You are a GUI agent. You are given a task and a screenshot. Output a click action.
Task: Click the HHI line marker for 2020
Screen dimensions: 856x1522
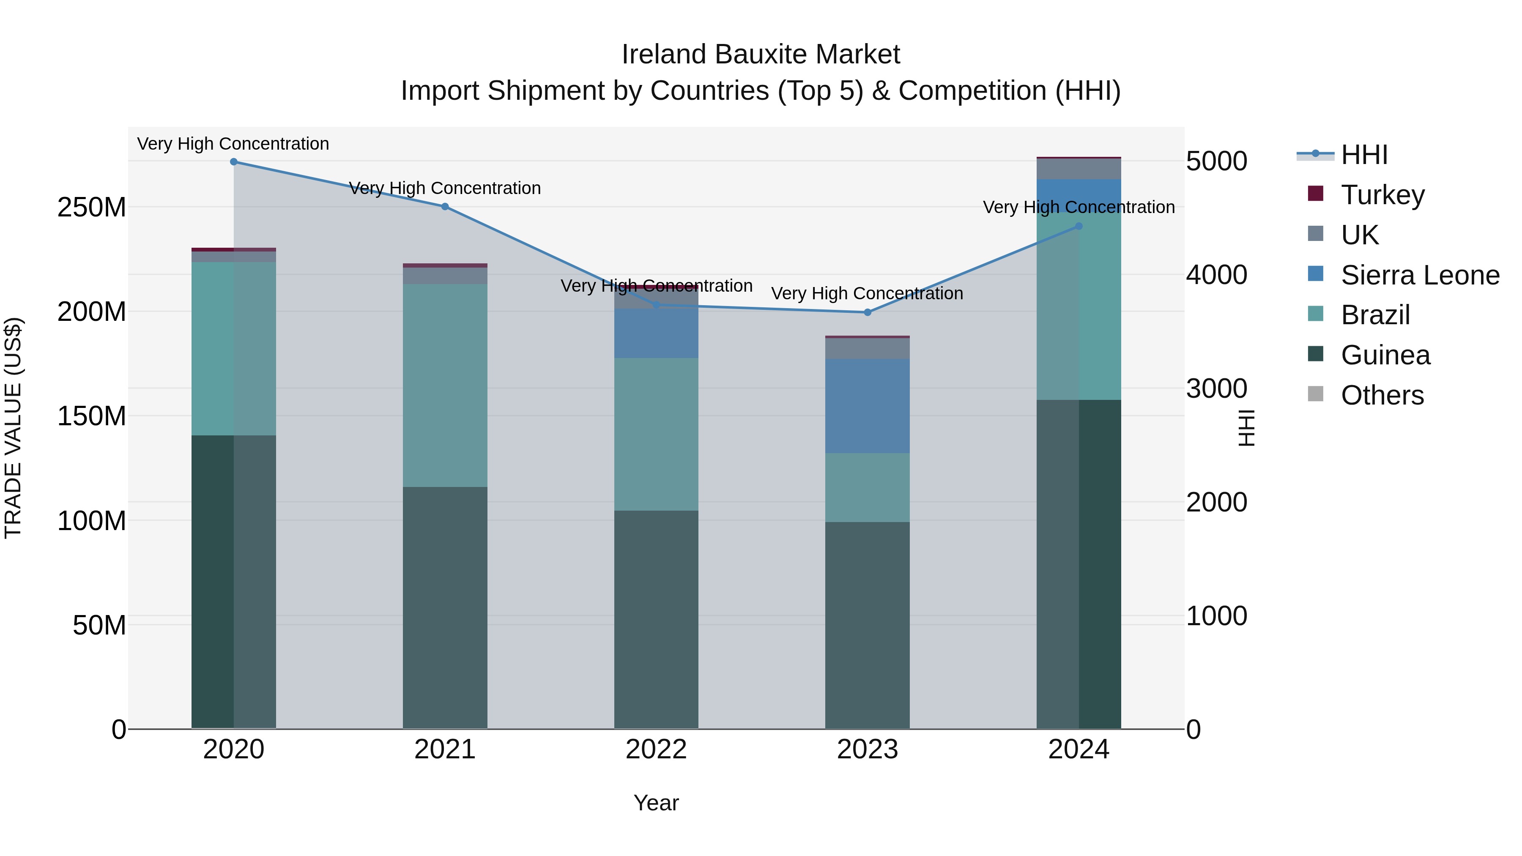[x=233, y=161]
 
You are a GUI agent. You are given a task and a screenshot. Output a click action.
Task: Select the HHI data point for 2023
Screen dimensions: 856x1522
[x=868, y=312]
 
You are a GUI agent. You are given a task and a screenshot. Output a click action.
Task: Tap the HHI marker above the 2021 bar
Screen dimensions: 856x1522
[x=445, y=207]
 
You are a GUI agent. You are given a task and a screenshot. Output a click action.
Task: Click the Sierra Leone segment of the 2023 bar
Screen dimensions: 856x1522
[x=868, y=406]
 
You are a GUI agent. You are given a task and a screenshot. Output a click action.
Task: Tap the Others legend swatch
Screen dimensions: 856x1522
[x=1315, y=394]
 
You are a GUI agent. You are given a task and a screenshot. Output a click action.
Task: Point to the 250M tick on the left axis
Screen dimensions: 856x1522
[x=92, y=208]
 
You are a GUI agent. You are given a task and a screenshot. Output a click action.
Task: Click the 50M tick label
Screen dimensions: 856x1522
[x=99, y=625]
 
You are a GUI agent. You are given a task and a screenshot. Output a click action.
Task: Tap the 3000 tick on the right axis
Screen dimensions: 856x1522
[x=1216, y=389]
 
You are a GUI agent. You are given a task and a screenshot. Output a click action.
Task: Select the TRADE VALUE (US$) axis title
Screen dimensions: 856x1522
[x=13, y=428]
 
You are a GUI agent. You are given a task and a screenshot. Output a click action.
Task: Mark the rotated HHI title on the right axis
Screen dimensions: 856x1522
[x=1246, y=428]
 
